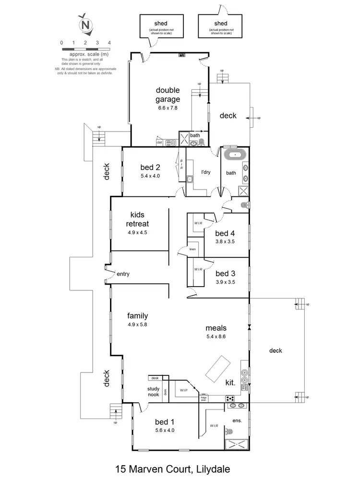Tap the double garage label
[168, 95]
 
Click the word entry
[123, 274]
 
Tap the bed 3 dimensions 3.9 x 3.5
[226, 283]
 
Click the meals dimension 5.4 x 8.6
[216, 336]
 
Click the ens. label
[237, 420]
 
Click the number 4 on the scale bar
[109, 43]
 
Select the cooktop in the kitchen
[230, 398]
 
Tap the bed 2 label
[150, 168]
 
